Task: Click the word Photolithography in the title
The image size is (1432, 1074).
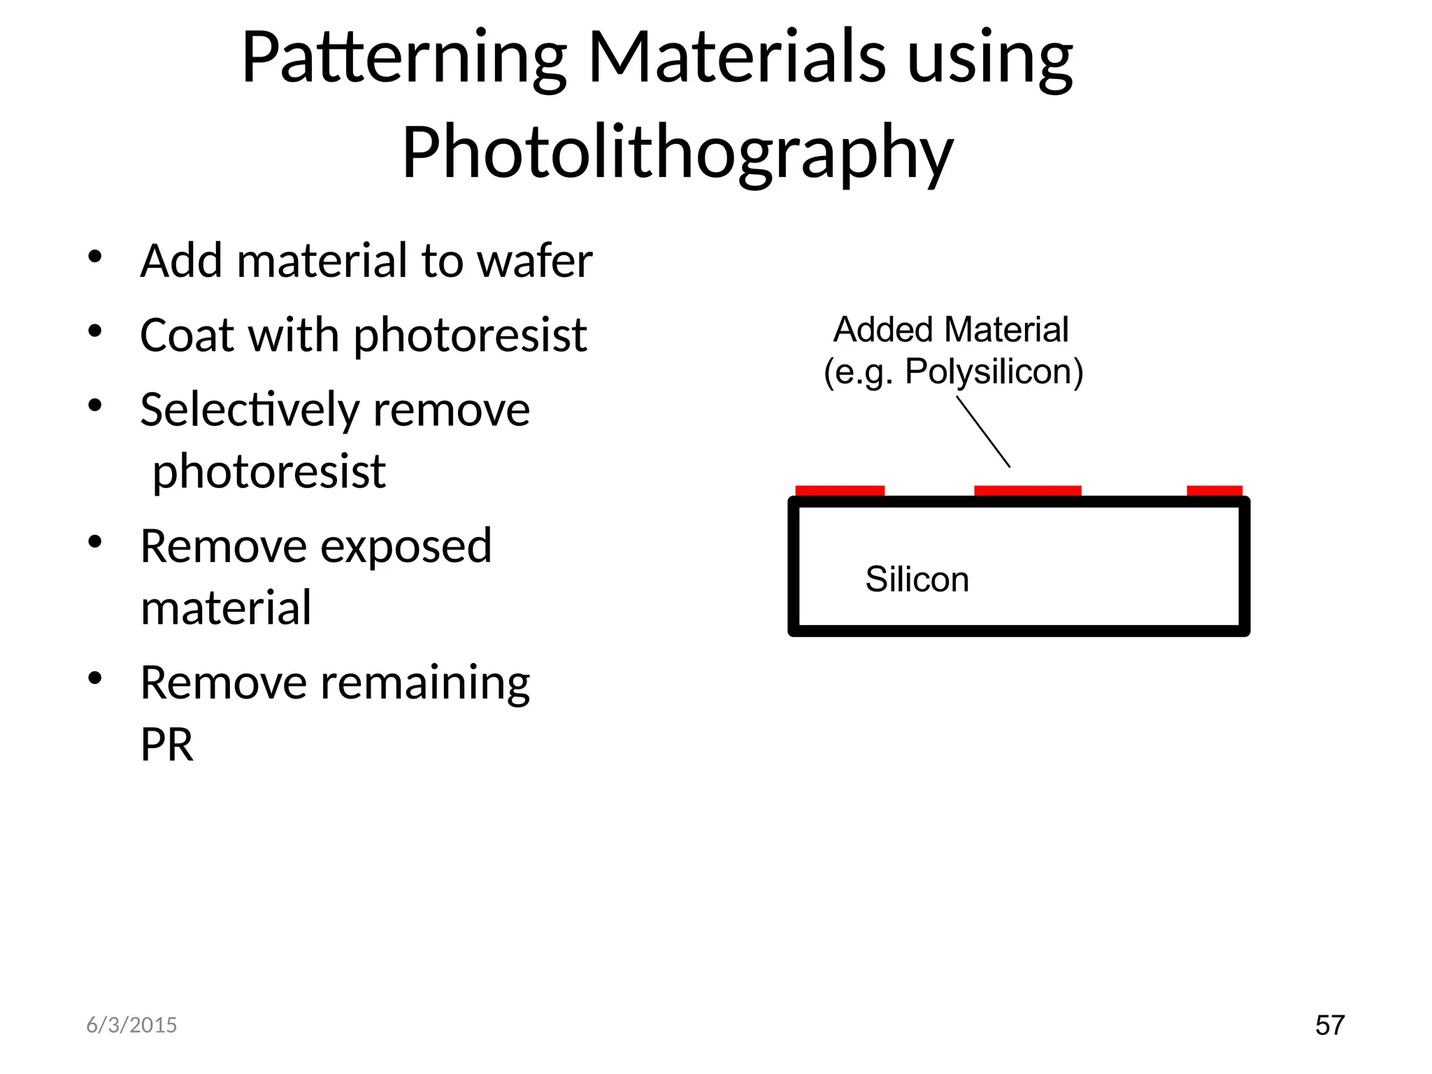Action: pyautogui.click(x=677, y=152)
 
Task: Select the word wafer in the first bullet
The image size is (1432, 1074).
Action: pyautogui.click(x=534, y=261)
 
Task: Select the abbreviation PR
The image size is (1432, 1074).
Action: pyautogui.click(x=166, y=744)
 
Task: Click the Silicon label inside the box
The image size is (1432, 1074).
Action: pyautogui.click(x=917, y=579)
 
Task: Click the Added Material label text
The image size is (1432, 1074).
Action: pyautogui.click(x=951, y=329)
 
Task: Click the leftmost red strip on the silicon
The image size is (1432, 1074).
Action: pyautogui.click(x=840, y=490)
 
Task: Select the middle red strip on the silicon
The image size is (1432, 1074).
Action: pyautogui.click(x=1027, y=490)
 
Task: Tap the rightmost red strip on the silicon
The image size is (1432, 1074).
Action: pyautogui.click(x=1214, y=490)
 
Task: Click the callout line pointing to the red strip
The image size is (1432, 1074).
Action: pyautogui.click(x=983, y=431)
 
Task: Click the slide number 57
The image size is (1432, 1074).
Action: pyautogui.click(x=1329, y=1025)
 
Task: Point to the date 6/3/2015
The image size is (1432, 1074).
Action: pyautogui.click(x=131, y=1025)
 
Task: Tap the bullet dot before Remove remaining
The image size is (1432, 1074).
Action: pyautogui.click(x=95, y=678)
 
